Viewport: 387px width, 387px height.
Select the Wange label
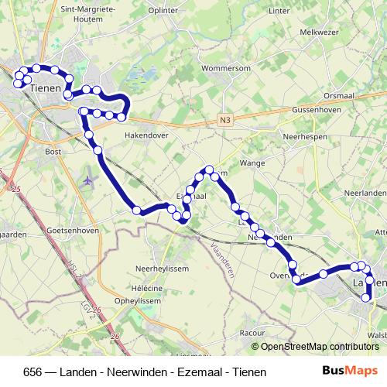point(253,163)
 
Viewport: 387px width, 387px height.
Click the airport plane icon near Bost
point(87,180)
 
